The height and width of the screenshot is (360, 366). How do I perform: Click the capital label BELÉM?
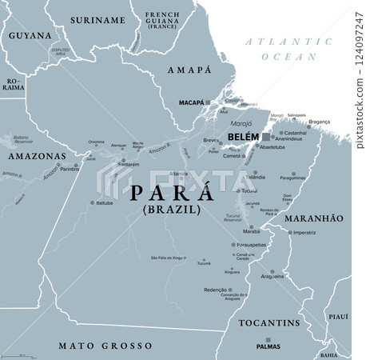pos(243,138)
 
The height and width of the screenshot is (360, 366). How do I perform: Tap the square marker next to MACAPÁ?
pos(208,102)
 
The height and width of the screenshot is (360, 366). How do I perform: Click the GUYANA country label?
pos(30,36)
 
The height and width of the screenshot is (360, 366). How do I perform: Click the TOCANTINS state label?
pos(269,323)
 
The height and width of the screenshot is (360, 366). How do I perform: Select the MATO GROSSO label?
pos(105,346)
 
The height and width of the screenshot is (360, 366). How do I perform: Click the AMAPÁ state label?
pos(190,70)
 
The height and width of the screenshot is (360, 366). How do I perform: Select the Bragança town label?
pos(320,122)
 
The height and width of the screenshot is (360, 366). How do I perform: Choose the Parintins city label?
pos(70,169)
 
